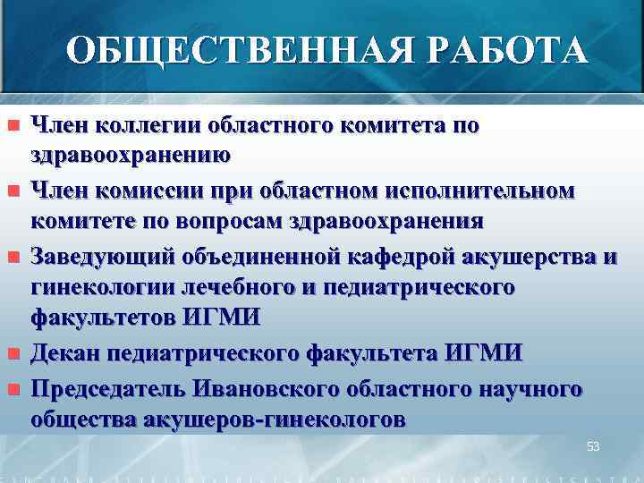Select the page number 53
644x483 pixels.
tap(593, 445)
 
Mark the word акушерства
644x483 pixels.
tap(532, 257)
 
